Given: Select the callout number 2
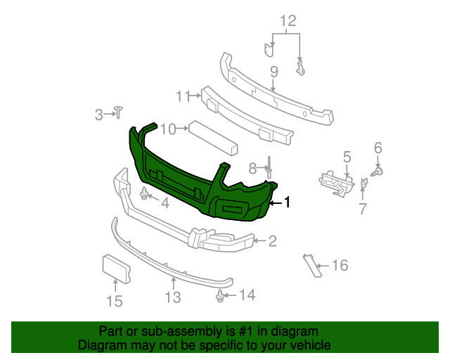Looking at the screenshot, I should (272, 241).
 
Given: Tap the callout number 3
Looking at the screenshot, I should (99, 113).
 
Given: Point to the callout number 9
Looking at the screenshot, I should (274, 71).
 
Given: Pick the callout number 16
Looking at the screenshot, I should (340, 265).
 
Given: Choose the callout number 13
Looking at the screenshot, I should (173, 297).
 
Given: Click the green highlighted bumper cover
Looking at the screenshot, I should (176, 176).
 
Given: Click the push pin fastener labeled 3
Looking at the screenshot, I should (119, 110).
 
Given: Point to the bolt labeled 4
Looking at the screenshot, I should (146, 193).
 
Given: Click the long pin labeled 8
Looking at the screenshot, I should (269, 169).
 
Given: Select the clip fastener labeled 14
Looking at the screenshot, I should (221, 295).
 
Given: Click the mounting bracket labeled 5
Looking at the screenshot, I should (335, 179).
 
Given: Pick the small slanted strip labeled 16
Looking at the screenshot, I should (309, 265).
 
